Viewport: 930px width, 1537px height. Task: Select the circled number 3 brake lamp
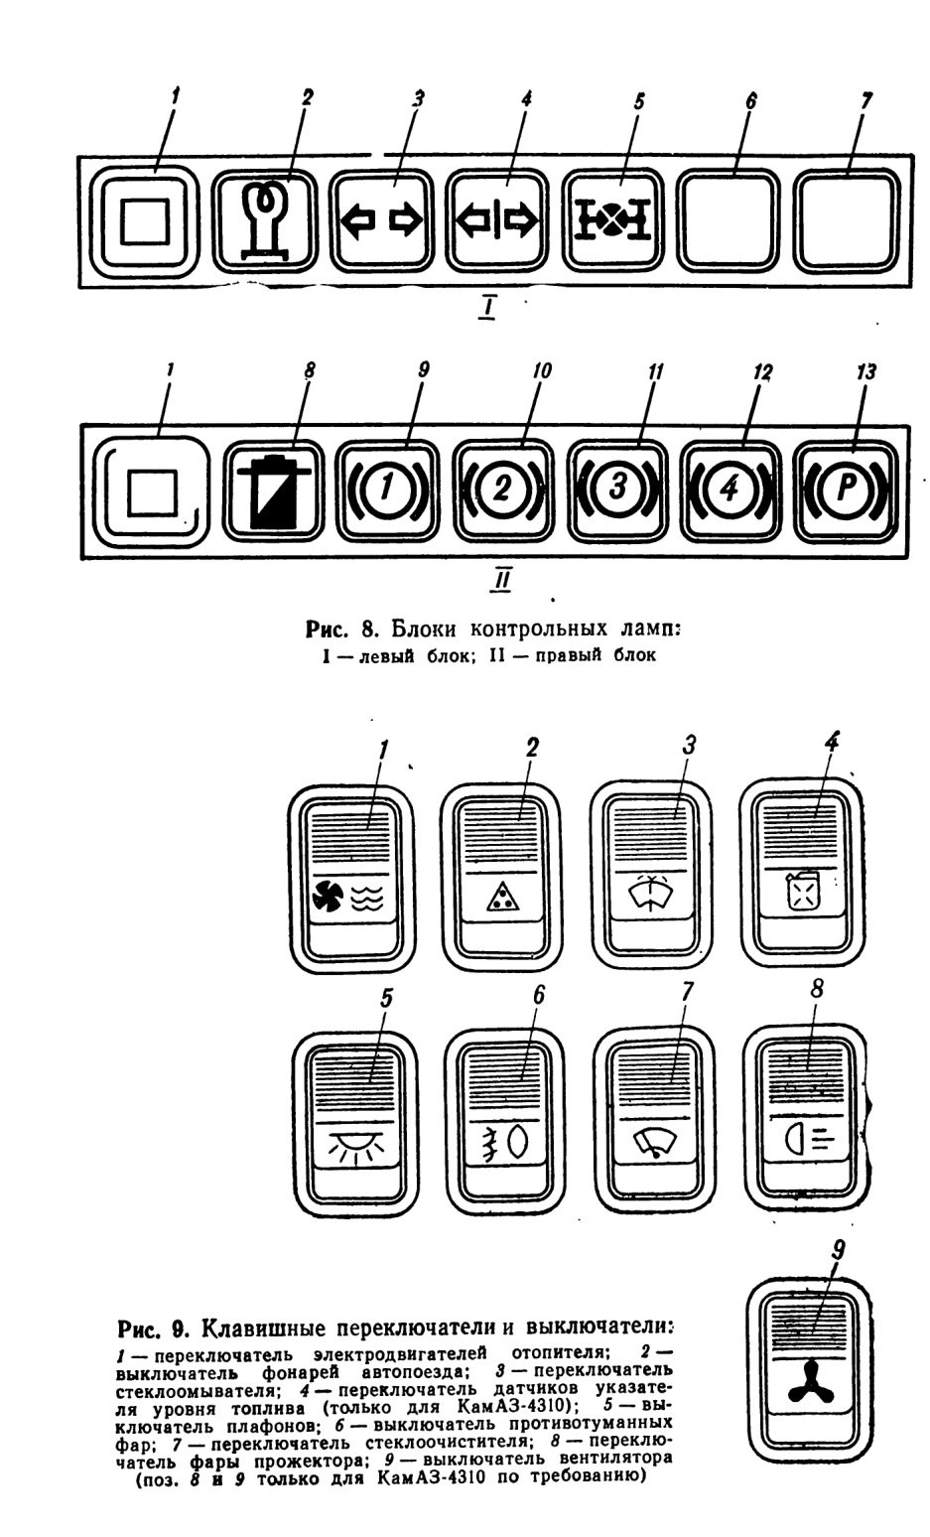tap(618, 489)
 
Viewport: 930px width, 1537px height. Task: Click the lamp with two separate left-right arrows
tap(381, 221)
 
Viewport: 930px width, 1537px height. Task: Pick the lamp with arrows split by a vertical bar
tap(497, 221)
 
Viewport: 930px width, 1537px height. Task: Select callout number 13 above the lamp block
tap(865, 373)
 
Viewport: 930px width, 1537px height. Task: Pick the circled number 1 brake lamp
tap(387, 489)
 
